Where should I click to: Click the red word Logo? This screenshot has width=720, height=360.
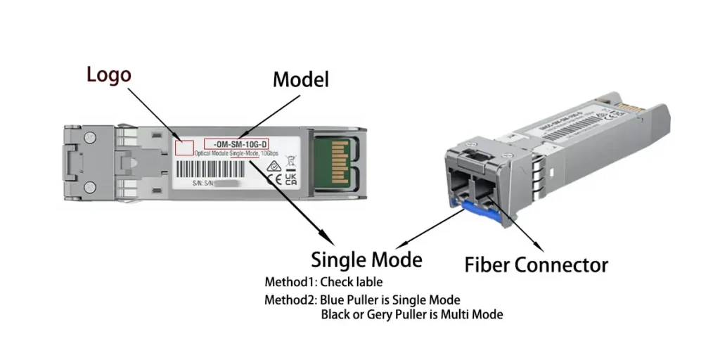click(109, 75)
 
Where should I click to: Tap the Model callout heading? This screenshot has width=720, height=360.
click(300, 79)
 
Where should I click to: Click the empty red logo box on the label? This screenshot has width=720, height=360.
click(184, 146)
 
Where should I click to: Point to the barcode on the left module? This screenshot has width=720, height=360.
click(217, 171)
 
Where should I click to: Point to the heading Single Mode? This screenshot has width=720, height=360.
click(366, 259)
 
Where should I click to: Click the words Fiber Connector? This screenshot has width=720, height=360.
click(536, 265)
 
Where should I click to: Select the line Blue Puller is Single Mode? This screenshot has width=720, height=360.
click(390, 300)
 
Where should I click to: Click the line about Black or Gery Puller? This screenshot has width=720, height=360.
click(411, 314)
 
